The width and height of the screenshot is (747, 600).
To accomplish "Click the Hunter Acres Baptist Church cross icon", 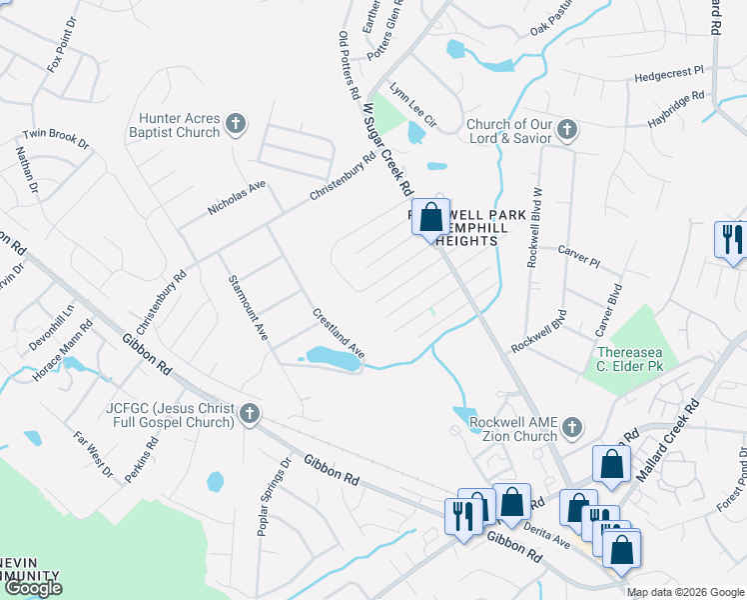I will point(236,124).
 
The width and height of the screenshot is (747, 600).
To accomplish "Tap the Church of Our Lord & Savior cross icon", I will point(567,130).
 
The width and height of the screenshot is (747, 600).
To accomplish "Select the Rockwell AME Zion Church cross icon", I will point(571,428).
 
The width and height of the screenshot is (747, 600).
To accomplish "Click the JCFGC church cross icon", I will point(250,413).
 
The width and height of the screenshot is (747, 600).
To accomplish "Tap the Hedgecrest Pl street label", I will point(669,76).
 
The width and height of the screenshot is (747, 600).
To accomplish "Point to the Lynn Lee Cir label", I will point(413,105).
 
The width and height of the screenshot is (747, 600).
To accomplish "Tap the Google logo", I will point(33,589).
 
